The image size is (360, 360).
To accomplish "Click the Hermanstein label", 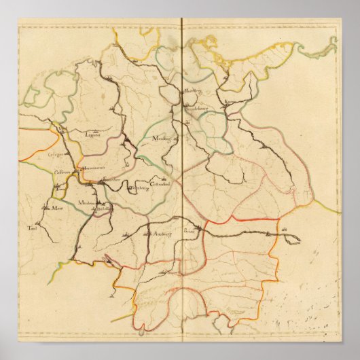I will pyautogui.click(x=90, y=168).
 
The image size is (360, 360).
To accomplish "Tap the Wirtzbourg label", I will pyautogui.click(x=139, y=188).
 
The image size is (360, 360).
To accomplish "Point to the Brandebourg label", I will pyautogui.click(x=194, y=107).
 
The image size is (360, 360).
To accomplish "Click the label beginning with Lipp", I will pyautogui.click(x=93, y=134).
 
